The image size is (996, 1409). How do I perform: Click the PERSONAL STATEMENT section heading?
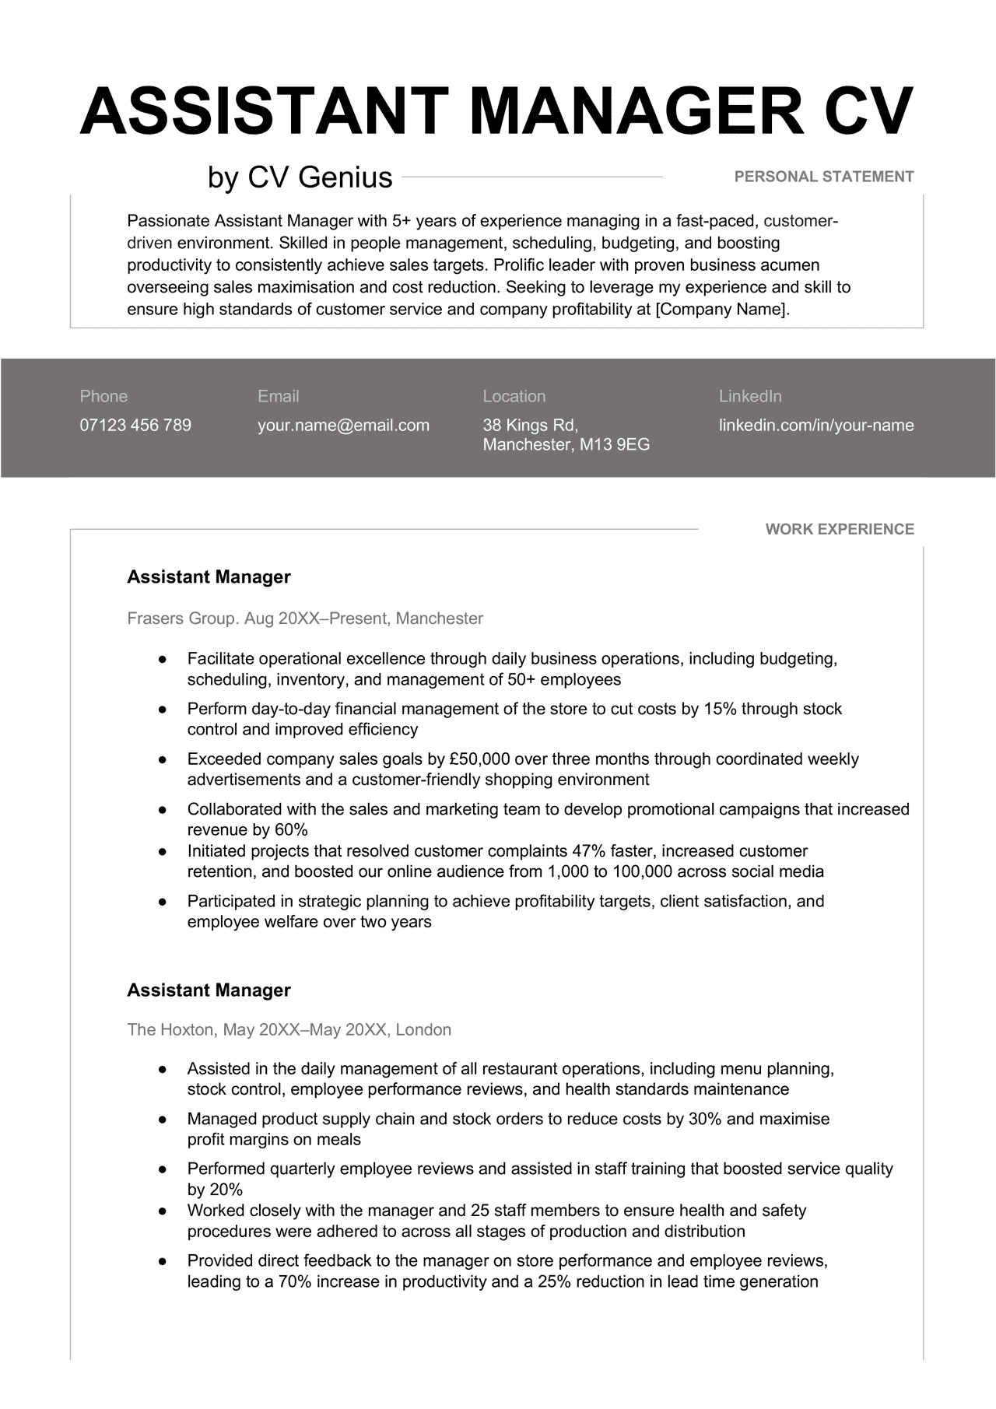pyautogui.click(x=823, y=177)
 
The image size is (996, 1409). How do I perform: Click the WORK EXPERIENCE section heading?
pyautogui.click(x=839, y=529)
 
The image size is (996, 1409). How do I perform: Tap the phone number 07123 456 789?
pyautogui.click(x=135, y=426)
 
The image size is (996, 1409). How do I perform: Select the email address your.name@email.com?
pyautogui.click(x=343, y=426)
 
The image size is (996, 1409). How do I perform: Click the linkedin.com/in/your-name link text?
pyautogui.click(x=815, y=426)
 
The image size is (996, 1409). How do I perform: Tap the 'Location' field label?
pyautogui.click(x=514, y=396)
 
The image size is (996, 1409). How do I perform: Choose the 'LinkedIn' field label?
pyautogui.click(x=749, y=396)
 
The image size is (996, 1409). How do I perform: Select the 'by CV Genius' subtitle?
pyautogui.click(x=300, y=177)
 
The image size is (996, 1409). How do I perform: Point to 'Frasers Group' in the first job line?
pyautogui.click(x=181, y=619)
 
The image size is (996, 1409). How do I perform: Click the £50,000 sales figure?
pyautogui.click(x=479, y=759)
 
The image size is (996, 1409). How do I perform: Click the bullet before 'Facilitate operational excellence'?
pyautogui.click(x=163, y=660)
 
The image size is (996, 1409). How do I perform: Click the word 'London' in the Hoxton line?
pyautogui.click(x=423, y=1030)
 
